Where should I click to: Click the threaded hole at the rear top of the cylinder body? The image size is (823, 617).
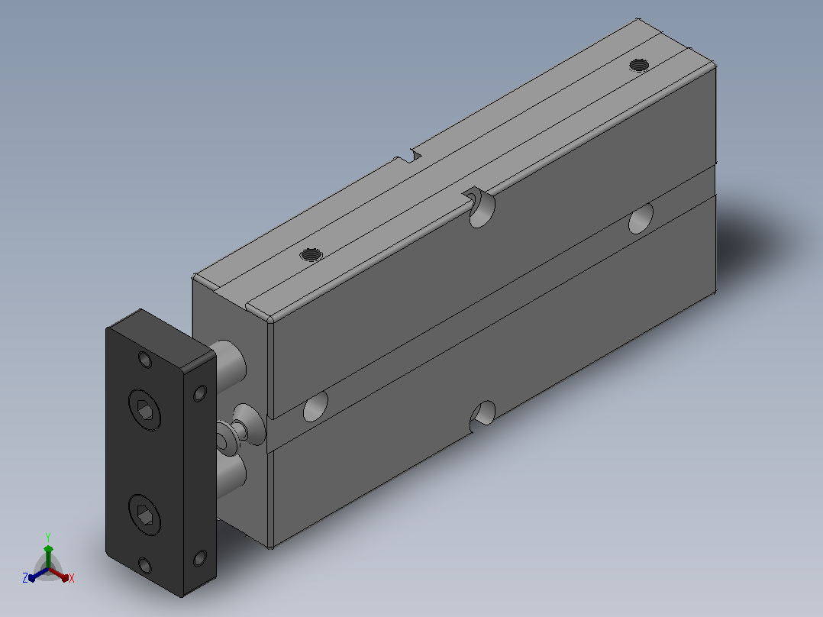coord(639,65)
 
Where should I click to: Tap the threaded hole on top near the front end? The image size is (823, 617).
coord(311,255)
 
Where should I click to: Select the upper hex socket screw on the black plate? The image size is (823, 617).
coord(145,410)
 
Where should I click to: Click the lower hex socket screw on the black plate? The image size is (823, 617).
coord(145,515)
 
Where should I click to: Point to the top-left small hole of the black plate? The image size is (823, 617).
coord(145,360)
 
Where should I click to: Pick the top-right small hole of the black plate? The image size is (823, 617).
coord(200,393)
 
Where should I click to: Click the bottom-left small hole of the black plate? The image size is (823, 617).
coord(145,566)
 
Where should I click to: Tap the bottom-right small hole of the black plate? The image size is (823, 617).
coord(200,557)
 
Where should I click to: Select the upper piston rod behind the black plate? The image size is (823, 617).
coord(229,366)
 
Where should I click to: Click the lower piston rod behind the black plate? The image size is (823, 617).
coord(231,476)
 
